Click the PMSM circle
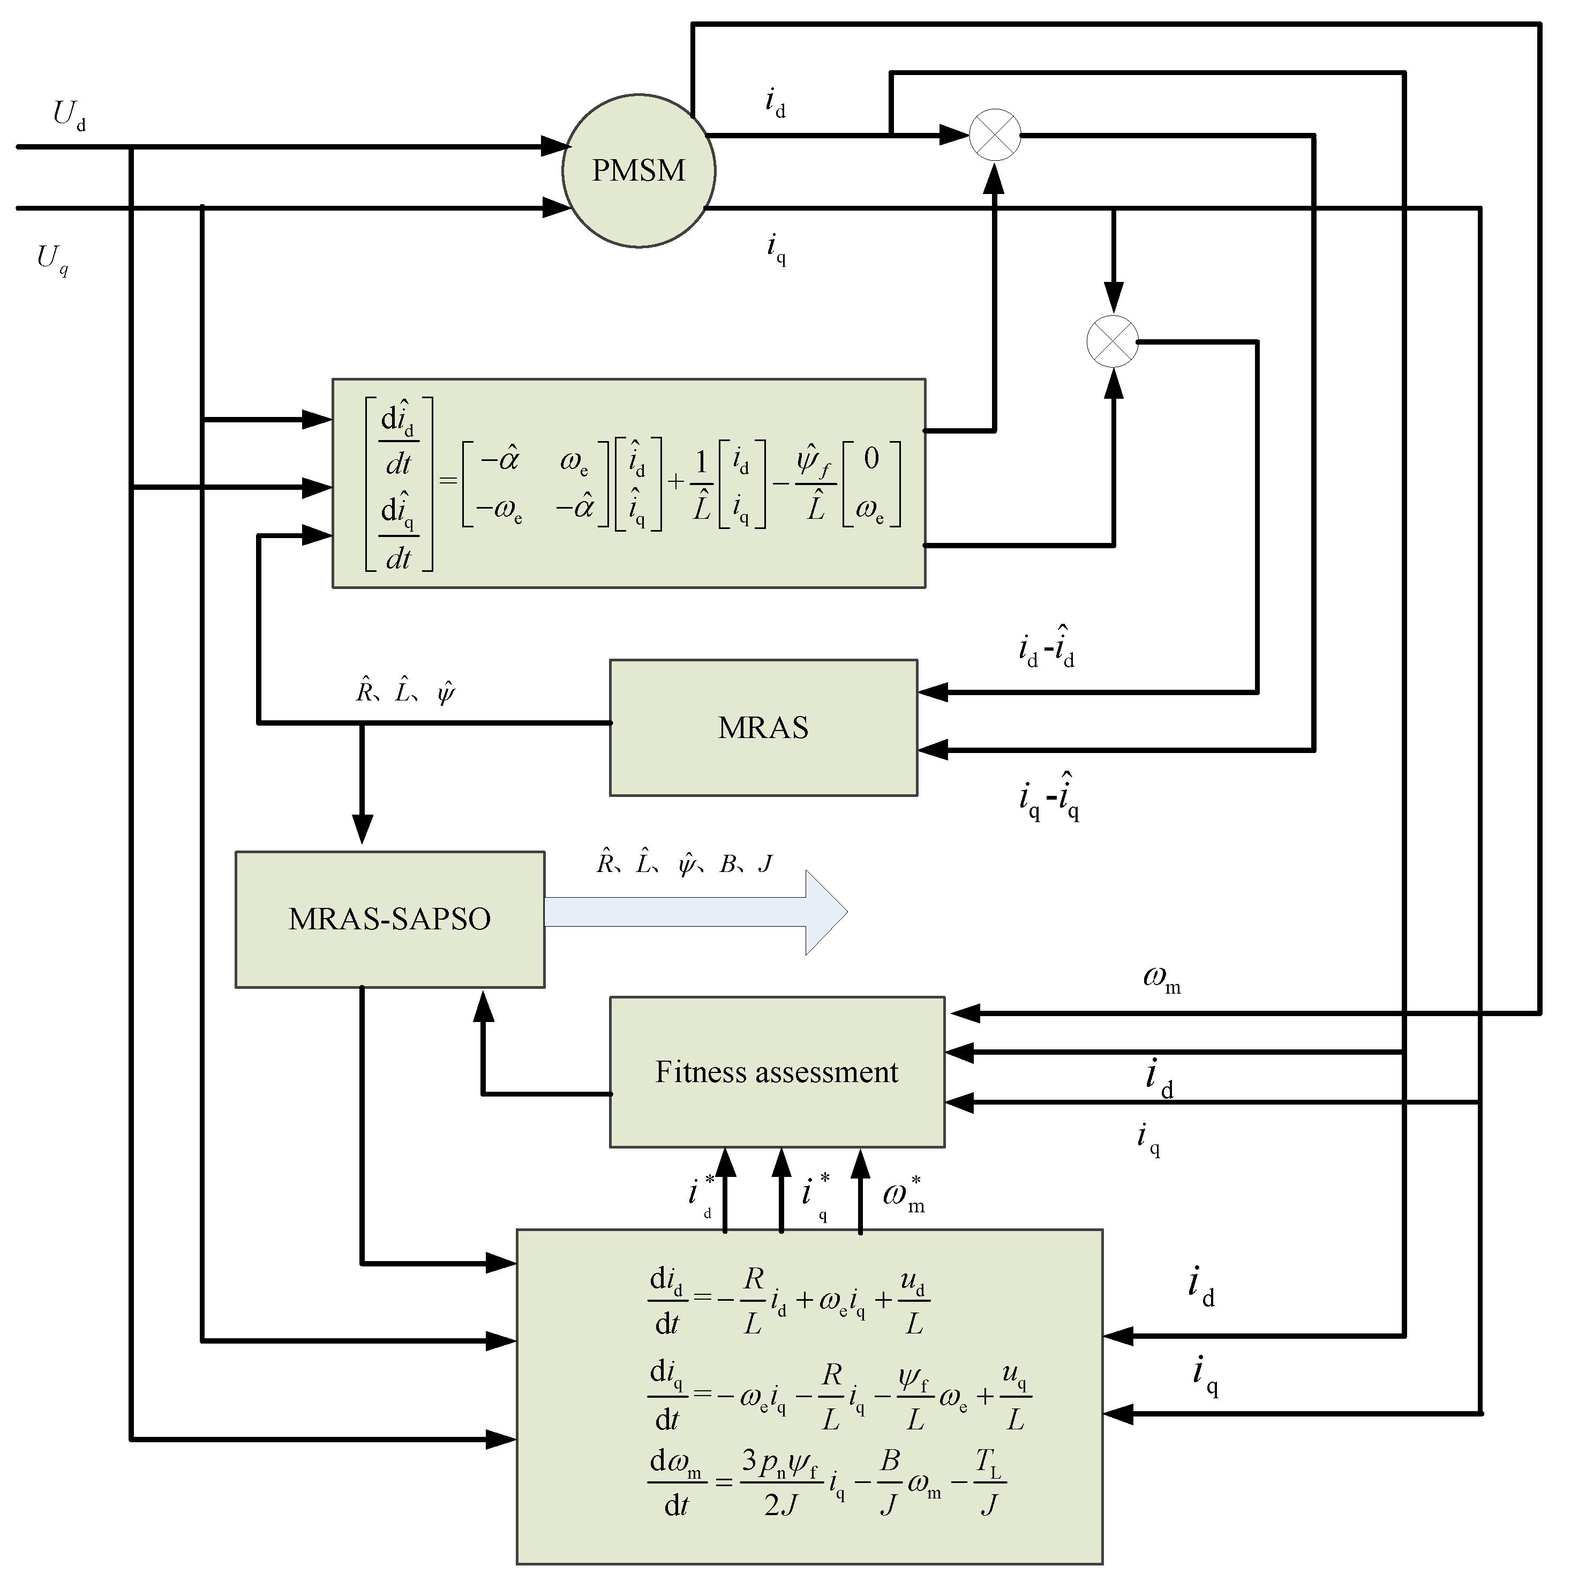638,170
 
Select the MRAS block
763,727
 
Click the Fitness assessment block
777,1072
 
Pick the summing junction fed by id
995,135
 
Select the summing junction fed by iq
1113,341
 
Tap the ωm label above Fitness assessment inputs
1161,978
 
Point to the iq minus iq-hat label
1048,796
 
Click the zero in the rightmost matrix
871,458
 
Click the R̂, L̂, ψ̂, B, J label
683,864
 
